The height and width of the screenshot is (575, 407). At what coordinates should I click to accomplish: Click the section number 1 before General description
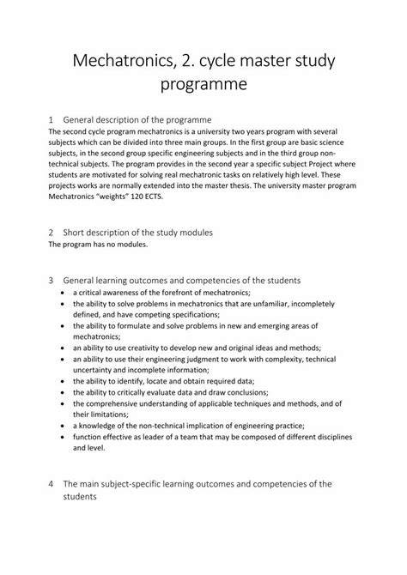pyautogui.click(x=52, y=118)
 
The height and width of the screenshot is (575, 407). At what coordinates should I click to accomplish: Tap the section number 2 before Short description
pyautogui.click(x=52, y=233)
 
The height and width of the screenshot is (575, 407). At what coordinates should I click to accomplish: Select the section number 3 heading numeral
pyautogui.click(x=52, y=280)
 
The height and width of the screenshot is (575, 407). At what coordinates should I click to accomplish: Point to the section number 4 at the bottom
pyautogui.click(x=52, y=484)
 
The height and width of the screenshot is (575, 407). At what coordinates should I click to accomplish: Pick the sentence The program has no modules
pyautogui.click(x=98, y=245)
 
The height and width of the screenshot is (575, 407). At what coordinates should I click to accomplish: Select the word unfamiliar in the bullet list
pyautogui.click(x=294, y=304)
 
